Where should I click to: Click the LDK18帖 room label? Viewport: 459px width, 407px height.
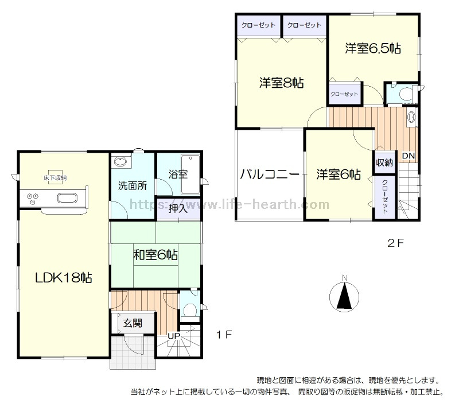point(64,278)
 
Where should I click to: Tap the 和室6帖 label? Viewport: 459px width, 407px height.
point(155,255)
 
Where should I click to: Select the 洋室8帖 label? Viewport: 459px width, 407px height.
point(281,83)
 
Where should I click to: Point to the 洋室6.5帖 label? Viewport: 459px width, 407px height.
point(373,48)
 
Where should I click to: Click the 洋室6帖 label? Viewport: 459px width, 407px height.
point(339,175)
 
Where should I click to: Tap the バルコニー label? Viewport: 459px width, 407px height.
point(270,175)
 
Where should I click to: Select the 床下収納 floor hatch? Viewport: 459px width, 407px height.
point(55,177)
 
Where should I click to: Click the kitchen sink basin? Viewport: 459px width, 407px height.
point(67,198)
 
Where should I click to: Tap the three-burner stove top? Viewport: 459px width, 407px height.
point(33,199)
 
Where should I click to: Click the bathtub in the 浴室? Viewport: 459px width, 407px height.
point(190,175)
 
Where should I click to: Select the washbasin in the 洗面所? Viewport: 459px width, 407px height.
point(120,162)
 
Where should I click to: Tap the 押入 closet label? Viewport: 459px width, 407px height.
point(178,209)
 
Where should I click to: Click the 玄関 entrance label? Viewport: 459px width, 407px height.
point(133,323)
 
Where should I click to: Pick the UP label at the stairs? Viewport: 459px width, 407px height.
point(174,336)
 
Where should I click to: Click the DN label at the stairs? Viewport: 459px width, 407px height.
point(409,156)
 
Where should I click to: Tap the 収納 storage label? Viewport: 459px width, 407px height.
point(384,162)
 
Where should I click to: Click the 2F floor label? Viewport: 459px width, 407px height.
point(395,243)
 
